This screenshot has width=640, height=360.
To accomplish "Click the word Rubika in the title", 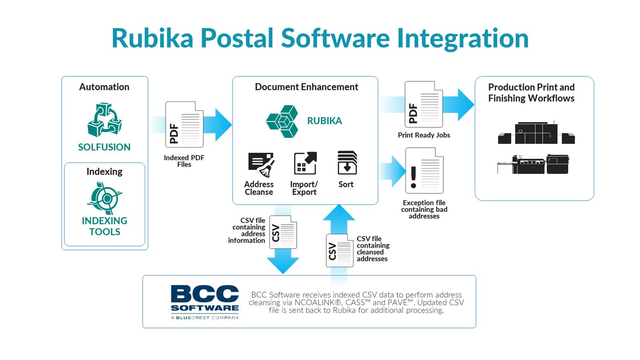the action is [153, 38].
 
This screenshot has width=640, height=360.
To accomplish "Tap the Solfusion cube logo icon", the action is [105, 119].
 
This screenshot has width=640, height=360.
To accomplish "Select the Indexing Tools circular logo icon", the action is [105, 198].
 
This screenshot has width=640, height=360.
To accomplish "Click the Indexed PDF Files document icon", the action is [185, 124].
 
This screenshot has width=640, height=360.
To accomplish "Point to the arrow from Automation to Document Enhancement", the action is [190, 125].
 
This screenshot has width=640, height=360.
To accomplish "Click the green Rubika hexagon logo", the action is [283, 122].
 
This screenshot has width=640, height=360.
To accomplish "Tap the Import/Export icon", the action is [305, 163].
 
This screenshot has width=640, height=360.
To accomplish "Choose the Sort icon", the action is [347, 163].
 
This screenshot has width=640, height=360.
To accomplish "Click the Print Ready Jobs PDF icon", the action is [424, 104].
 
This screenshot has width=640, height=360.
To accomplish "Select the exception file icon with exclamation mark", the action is [425, 170].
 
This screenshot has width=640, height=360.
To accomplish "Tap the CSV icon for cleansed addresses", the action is [340, 250].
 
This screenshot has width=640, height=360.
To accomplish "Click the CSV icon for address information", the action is [283, 232].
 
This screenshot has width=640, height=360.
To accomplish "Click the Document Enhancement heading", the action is [306, 87].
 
